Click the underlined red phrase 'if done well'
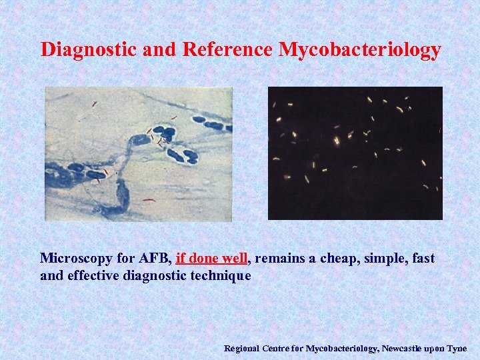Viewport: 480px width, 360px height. pos(211,258)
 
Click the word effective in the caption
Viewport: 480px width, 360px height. pos(93,275)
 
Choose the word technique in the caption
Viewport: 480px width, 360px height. pos(220,275)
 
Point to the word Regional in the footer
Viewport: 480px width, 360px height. pos(242,349)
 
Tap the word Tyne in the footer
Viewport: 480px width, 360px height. pos(457,349)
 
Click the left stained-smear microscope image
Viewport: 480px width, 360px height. pos(138,153)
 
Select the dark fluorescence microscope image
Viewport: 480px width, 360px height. pos(355,153)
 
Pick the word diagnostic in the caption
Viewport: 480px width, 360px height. pos(159,275)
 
